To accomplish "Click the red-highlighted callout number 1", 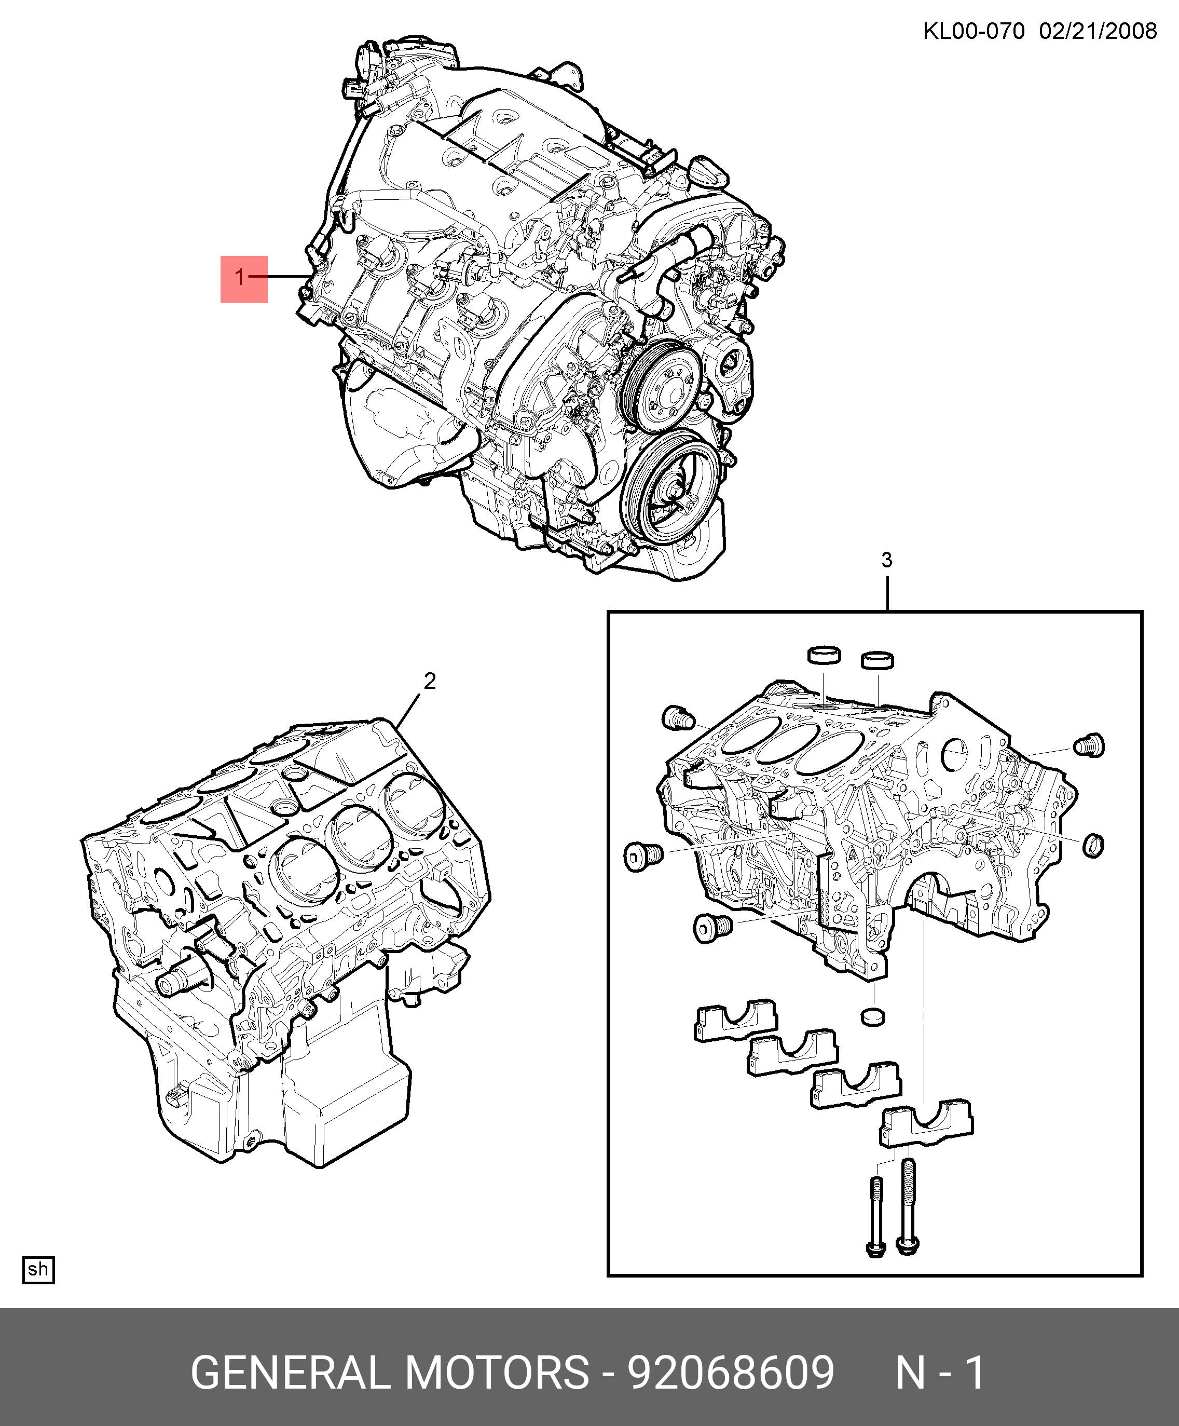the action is [240, 278].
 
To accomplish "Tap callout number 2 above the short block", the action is [430, 681].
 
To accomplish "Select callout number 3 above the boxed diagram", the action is [886, 560].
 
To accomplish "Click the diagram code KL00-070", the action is [974, 31].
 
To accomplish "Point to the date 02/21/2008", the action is [1098, 31].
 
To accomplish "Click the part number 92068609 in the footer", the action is [730, 1373].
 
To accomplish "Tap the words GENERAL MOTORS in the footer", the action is [390, 1373].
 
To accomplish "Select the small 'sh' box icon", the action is [39, 1270].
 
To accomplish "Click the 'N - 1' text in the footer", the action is [940, 1373].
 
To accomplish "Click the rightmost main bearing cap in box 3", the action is [926, 1124].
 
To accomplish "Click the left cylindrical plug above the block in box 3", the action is [824, 655].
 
